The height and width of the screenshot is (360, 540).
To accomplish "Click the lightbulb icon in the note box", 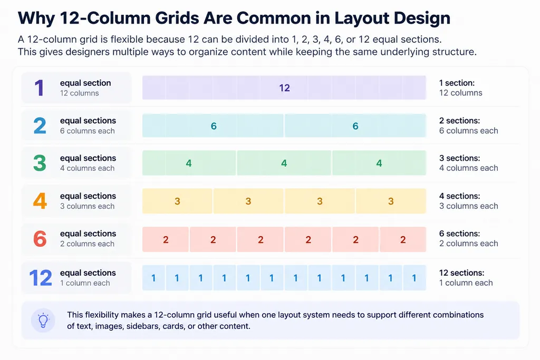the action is click(43, 320).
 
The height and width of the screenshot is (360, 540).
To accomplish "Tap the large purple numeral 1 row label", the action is click(39, 88).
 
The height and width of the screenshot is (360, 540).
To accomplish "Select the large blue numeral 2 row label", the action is click(40, 125).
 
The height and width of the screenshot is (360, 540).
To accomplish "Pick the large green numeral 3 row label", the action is click(40, 163).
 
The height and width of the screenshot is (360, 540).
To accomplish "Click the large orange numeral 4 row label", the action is click(40, 201).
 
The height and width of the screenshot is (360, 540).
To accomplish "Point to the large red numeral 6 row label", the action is click(40, 239).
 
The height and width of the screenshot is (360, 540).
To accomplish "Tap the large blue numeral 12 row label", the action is click(41, 278).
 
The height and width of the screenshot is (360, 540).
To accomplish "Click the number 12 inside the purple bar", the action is click(284, 88).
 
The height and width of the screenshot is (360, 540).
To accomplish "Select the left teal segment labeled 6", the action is click(213, 125).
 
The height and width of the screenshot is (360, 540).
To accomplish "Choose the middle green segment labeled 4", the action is click(284, 163).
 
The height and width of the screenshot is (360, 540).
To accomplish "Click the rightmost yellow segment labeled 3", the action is click(391, 201).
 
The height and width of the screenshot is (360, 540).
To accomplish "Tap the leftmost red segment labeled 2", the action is click(166, 239).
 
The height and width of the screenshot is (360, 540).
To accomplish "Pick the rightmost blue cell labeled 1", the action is click(414, 278).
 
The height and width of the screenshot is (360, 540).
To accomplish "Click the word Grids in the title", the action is click(177, 18).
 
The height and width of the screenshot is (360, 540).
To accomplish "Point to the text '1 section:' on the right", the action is click(457, 83).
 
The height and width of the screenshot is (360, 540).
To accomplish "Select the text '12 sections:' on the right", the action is click(461, 273).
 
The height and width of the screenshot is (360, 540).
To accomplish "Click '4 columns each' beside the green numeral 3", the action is click(87, 168).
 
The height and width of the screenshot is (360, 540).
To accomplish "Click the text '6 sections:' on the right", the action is click(459, 233).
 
